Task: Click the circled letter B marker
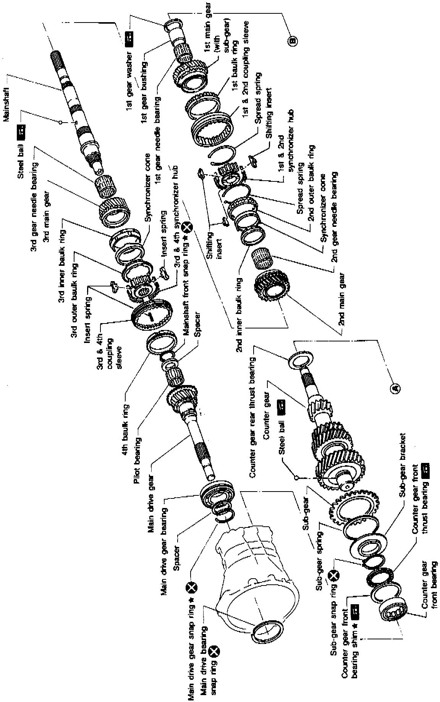point(292,39)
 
